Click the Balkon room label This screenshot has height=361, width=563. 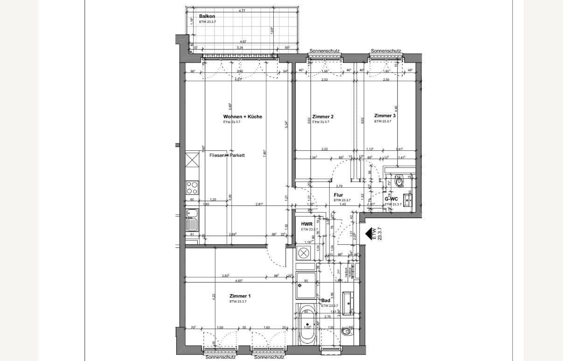tap(207, 16)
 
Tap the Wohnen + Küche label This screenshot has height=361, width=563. tap(243, 117)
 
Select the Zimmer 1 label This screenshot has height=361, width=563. tap(240, 296)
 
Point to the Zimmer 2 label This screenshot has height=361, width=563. tap(323, 117)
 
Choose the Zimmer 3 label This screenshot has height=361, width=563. tap(385, 116)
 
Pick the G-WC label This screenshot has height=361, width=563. tap(391, 199)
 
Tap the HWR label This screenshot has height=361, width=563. tap(306, 225)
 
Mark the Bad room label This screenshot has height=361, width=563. tap(326, 301)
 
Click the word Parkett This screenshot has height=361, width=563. tap(237, 156)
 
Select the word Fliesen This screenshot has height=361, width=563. tap(217, 156)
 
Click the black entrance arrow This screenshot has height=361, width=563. tap(371, 234)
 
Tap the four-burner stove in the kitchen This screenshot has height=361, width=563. tap(192, 188)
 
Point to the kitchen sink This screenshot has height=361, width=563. tap(192, 214)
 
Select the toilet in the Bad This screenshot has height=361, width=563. tap(347, 331)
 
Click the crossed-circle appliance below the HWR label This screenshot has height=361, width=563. tap(304, 254)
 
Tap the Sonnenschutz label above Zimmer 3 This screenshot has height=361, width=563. tap(386, 51)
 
